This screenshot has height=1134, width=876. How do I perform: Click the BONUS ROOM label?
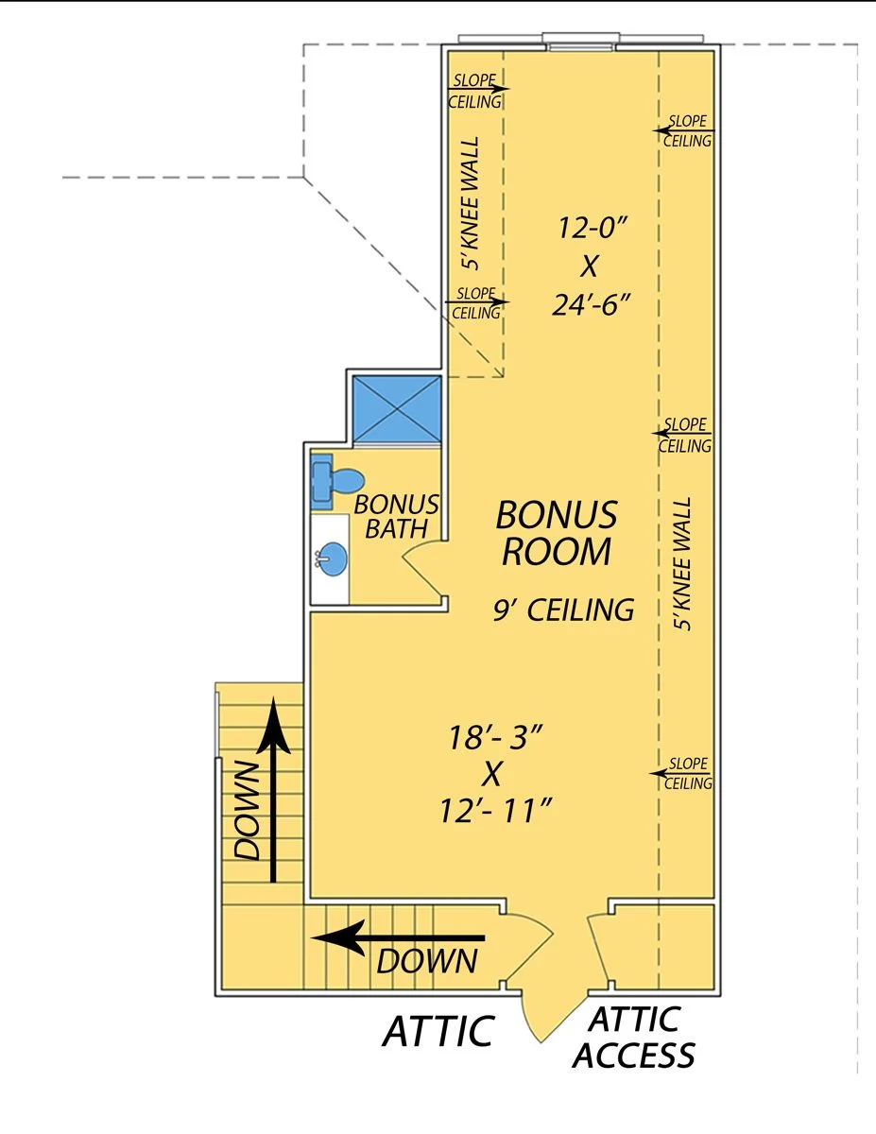click(557, 534)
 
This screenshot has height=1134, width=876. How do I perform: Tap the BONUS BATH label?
click(396, 516)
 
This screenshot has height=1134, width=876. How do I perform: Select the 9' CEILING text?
click(563, 610)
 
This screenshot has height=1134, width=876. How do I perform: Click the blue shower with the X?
click(396, 408)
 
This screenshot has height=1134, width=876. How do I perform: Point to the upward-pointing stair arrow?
click(273, 789)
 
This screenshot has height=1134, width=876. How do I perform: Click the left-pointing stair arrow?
click(397, 938)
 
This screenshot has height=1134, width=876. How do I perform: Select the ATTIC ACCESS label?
click(633, 1037)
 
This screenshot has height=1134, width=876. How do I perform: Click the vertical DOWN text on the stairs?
click(246, 809)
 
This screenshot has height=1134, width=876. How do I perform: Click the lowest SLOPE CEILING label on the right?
click(686, 773)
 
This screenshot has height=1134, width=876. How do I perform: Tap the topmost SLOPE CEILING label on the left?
click(476, 90)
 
